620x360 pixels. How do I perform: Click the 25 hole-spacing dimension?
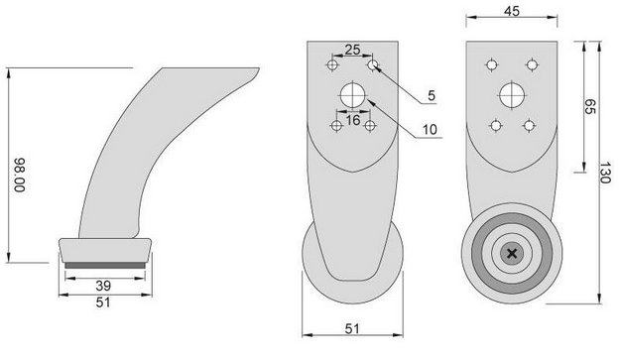[352, 50]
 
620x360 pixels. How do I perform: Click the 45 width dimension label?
[511, 13]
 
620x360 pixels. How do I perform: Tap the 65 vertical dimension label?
[589, 105]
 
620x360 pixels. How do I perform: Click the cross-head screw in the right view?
[512, 254]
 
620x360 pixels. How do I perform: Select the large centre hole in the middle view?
[353, 95]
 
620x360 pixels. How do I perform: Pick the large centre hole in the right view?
[512, 95]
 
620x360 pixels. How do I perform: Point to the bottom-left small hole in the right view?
[494, 126]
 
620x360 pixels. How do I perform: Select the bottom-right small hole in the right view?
[530, 126]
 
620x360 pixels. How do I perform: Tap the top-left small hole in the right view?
[490, 65]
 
